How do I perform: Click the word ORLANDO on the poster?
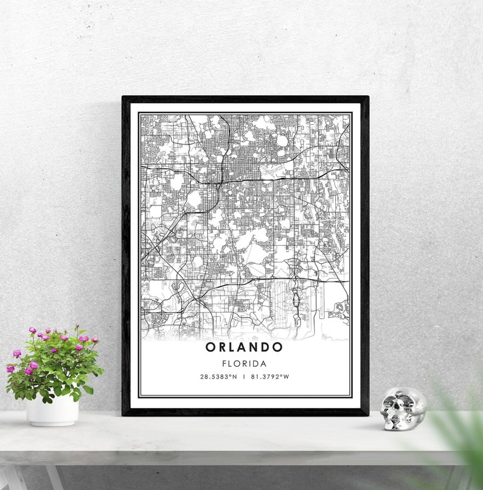click(x=244, y=347)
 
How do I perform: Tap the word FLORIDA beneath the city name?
click(x=244, y=363)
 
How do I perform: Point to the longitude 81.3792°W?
click(x=269, y=377)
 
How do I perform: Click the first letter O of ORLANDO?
click(x=210, y=347)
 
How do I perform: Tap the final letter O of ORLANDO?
click(x=278, y=347)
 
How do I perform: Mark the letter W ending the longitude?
click(x=286, y=377)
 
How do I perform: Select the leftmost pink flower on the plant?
click(x=10, y=369)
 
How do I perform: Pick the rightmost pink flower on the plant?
click(x=95, y=340)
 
